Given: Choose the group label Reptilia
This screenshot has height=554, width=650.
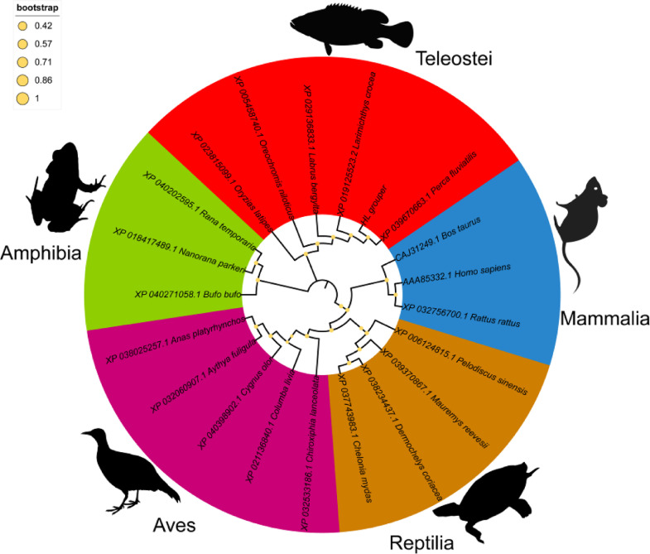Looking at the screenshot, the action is click(422, 542).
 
